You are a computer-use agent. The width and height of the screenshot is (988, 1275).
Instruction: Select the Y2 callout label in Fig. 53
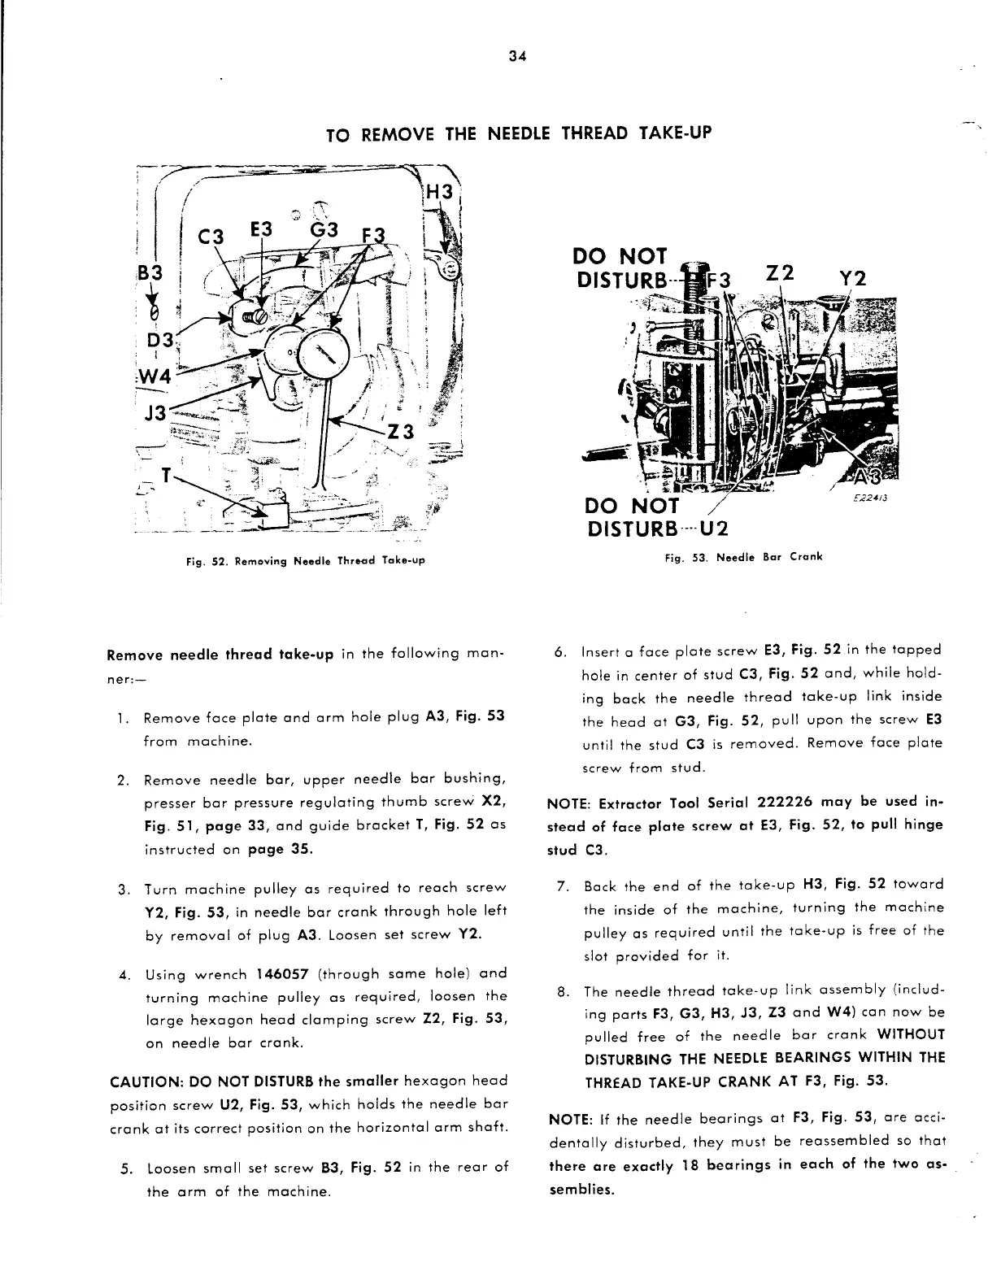pyautogui.click(x=850, y=278)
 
